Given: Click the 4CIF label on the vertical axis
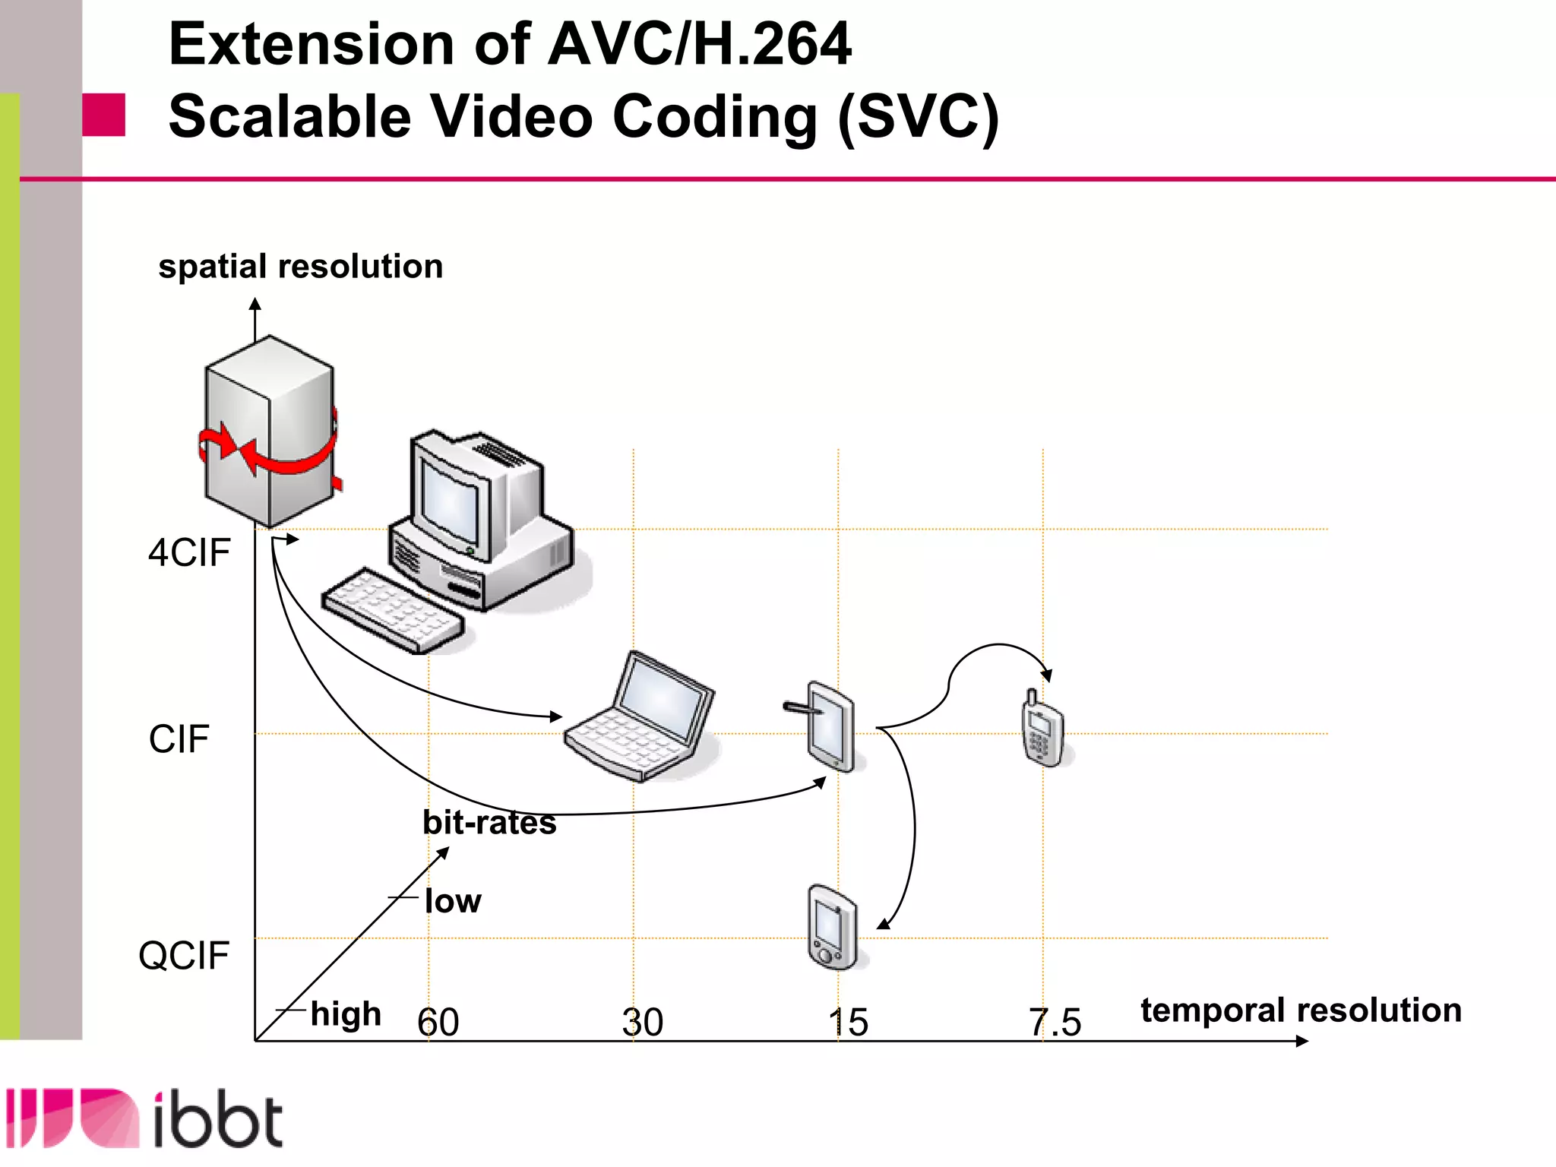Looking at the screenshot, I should [x=189, y=553].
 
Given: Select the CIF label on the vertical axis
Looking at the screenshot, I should [x=179, y=739].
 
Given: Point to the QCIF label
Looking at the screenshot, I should [x=184, y=956].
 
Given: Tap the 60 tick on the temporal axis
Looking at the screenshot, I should [x=438, y=1023].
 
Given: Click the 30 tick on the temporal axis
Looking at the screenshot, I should [x=643, y=1023].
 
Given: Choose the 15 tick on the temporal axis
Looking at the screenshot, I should [x=848, y=1023].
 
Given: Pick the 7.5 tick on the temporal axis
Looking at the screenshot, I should [x=1055, y=1023].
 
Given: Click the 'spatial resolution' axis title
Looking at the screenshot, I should [x=301, y=267].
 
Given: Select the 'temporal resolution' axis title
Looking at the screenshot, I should [x=1301, y=1010].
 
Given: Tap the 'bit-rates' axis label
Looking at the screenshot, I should [x=489, y=823].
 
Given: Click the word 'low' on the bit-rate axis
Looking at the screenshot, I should [x=453, y=901].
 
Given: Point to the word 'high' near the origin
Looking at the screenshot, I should [x=346, y=1014].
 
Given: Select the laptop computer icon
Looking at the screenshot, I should [x=640, y=718].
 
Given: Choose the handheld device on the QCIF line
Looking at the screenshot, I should [x=833, y=927].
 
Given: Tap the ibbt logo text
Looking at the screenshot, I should [x=218, y=1120].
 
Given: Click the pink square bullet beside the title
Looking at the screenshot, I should [x=103, y=115].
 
